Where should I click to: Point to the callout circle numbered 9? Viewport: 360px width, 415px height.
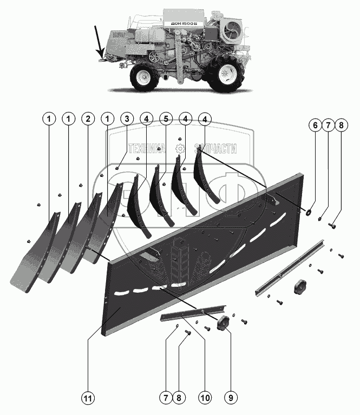pos(231,398)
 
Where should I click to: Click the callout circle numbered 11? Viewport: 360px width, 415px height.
pos(87,398)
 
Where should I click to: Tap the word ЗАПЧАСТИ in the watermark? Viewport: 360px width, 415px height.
pos(216,149)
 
